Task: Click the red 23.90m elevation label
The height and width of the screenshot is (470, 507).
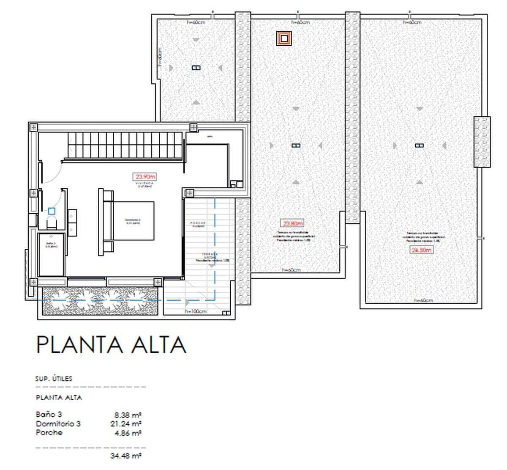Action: pyautogui.click(x=145, y=177)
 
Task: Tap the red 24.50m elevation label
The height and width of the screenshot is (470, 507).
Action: pyautogui.click(x=422, y=250)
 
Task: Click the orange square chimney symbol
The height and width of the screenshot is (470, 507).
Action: pyautogui.click(x=284, y=38)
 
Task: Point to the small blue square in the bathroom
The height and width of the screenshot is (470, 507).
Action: pyautogui.click(x=52, y=210)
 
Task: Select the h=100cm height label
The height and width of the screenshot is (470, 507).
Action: pyautogui.click(x=196, y=311)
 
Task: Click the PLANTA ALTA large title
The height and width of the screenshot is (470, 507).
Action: pyautogui.click(x=111, y=344)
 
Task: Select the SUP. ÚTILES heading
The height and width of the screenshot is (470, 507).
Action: pyautogui.click(x=54, y=379)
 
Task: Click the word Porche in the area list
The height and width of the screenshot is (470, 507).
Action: pyautogui.click(x=49, y=432)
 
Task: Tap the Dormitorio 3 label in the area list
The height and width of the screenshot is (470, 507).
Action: pyautogui.click(x=58, y=423)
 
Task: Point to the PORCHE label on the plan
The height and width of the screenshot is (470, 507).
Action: pyautogui.click(x=198, y=223)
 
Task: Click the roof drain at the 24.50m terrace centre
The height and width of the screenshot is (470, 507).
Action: pyautogui.click(x=419, y=146)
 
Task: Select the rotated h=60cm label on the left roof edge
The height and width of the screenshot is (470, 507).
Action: pyautogui.click(x=160, y=57)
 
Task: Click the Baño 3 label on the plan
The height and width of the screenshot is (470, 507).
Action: pyautogui.click(x=51, y=244)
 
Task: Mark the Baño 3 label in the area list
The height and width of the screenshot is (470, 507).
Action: pyautogui.click(x=49, y=415)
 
